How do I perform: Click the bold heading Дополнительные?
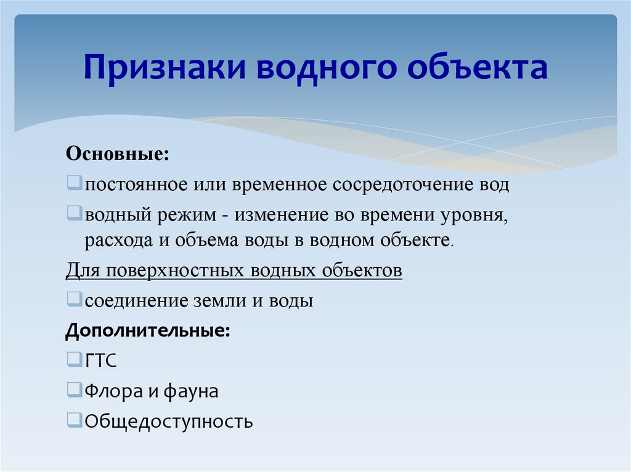tap(148, 331)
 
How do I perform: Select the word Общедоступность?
tap(169, 422)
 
